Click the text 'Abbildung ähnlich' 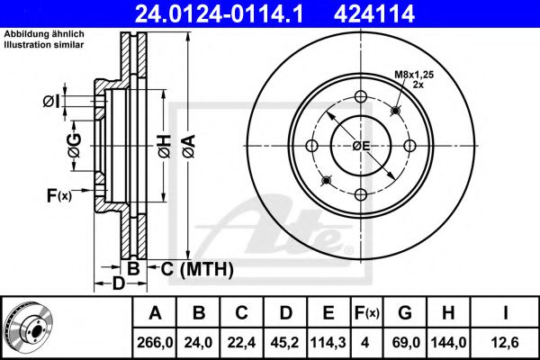[44, 34]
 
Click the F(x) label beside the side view [58, 194]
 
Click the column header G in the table [405, 313]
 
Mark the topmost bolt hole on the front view [361, 98]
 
